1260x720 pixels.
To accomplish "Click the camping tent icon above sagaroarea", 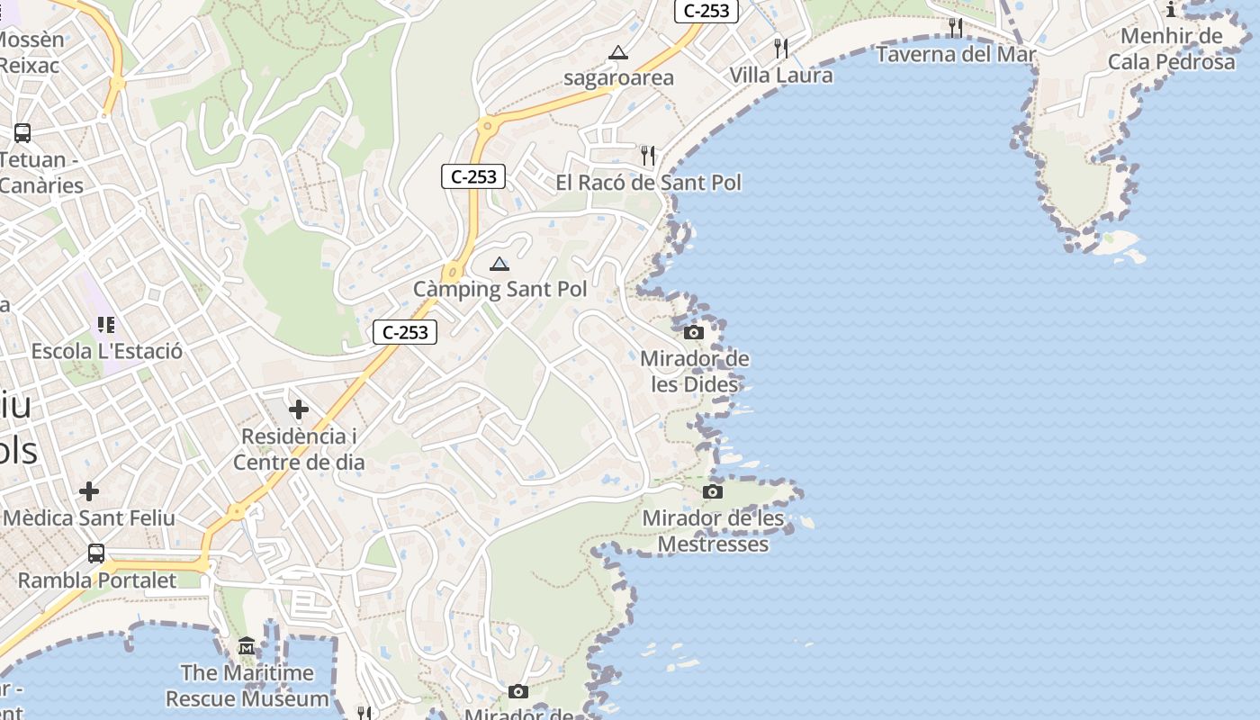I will point(617,53).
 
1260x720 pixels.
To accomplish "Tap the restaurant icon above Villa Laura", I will point(781,48).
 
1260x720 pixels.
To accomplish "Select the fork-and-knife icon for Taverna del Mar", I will point(956,28).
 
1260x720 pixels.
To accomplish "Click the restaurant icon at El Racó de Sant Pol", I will point(648,156).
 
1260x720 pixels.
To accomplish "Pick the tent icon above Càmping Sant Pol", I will point(499,264).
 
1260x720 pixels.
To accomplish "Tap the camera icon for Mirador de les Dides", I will point(693,332).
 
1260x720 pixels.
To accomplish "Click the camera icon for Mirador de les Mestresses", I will point(713,491).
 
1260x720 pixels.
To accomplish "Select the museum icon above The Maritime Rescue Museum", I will point(247,646).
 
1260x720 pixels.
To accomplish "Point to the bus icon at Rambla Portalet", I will point(96,553).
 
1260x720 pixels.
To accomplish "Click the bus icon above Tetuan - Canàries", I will point(22,133).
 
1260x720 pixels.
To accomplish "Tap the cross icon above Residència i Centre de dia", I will point(299,410).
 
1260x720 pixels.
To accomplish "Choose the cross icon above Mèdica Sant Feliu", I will point(89,491).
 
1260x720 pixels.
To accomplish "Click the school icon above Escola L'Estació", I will point(106,325).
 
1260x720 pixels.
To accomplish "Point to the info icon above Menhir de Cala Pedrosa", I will point(1171,10).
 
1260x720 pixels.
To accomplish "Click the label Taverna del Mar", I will point(956,55).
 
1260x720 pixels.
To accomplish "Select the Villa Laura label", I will point(781,75).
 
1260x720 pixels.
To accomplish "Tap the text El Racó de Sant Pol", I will point(648,183).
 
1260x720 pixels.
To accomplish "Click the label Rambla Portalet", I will point(97,580).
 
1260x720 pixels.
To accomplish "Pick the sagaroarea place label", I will point(618,78).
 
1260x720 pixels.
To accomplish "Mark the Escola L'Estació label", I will point(106,351).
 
